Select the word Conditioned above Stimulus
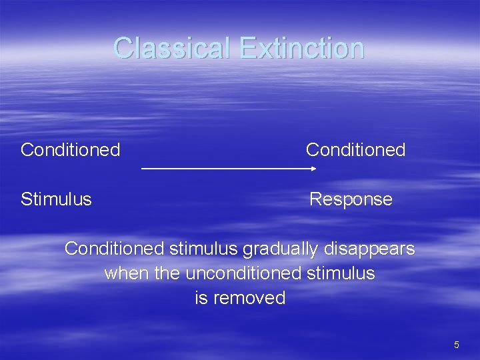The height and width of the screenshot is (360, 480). click(x=70, y=150)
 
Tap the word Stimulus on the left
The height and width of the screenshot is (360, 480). click(x=56, y=199)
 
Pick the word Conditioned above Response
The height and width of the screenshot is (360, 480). click(x=355, y=150)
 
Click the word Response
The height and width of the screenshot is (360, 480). click(x=351, y=199)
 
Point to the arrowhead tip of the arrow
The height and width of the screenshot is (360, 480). click(x=315, y=169)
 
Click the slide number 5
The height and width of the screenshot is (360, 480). click(x=456, y=345)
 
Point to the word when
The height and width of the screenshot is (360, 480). click(x=127, y=273)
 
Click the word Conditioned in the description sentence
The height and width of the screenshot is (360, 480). click(x=114, y=249)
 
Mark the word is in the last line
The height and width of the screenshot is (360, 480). click(x=201, y=298)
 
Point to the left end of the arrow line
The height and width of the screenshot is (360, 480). click(x=143, y=169)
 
